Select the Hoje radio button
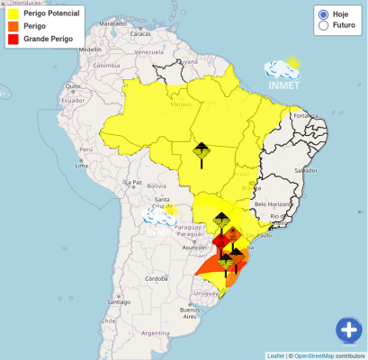tap(323, 14)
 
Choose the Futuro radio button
tap(323, 27)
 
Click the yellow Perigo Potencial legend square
tap(13, 14)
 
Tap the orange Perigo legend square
tap(13, 27)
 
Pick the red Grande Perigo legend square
tap(13, 40)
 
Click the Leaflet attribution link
tap(276, 355)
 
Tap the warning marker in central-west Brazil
tap(202, 151)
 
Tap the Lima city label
tap(82, 166)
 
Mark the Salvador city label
tap(305, 170)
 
